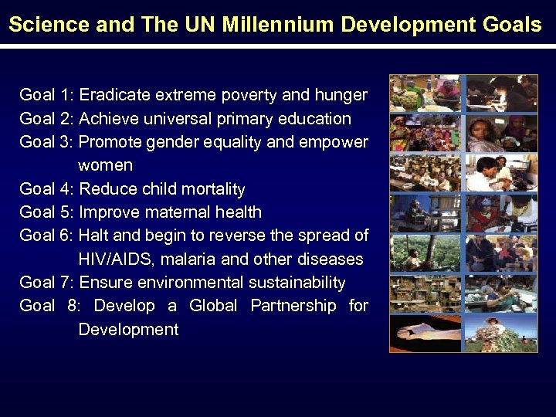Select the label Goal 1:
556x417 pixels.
(46, 95)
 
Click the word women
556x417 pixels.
(106, 165)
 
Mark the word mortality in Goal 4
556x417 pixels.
(210, 189)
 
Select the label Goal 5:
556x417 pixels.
(46, 212)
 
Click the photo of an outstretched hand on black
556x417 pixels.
(425, 332)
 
